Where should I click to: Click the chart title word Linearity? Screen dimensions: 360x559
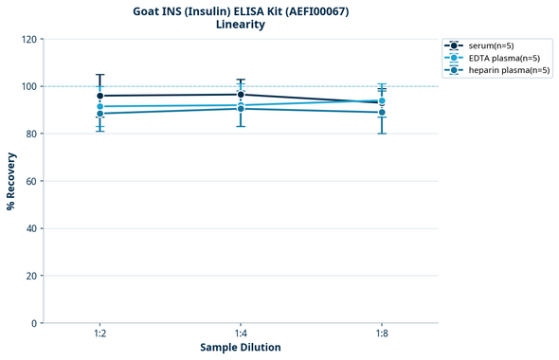241,25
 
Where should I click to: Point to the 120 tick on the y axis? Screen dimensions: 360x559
28,39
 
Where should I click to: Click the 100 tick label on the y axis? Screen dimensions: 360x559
28,86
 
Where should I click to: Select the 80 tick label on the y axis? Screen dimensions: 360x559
31,134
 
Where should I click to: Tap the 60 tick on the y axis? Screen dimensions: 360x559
31,181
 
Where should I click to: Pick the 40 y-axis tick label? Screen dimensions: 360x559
31,228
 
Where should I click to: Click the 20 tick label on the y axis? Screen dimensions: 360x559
31,276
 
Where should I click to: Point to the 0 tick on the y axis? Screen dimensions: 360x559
34,323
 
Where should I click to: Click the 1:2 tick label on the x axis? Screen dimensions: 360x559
100,334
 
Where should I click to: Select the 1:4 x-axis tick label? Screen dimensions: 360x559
241,334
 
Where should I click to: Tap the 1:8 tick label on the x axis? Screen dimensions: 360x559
381,334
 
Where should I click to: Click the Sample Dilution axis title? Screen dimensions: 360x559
241,348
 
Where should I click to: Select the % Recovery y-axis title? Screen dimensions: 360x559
11,181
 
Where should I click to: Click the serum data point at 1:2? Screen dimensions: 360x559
100,96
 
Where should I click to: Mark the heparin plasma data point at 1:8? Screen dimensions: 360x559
381,113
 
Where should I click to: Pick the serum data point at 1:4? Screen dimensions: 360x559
241,95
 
